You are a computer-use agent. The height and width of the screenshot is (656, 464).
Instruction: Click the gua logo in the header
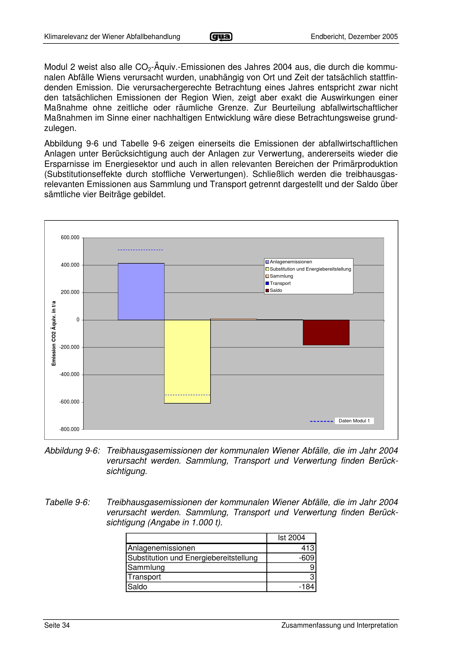[221, 36]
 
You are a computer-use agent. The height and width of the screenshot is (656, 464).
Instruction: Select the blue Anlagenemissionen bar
[141, 291]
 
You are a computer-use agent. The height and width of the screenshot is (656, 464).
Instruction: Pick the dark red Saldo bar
[326, 332]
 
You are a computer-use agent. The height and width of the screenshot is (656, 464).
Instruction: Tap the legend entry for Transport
[280, 283]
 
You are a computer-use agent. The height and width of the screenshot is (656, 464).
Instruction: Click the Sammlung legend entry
[281, 276]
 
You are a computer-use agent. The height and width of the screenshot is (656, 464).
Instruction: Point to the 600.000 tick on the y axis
[70, 238]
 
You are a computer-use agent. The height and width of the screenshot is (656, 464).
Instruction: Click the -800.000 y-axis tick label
[69, 429]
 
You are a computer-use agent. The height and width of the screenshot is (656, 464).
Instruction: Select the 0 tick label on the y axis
[78, 320]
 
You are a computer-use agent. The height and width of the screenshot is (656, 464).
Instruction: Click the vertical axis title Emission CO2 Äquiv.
[54, 333]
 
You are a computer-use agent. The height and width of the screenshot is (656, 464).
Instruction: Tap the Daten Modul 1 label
[354, 421]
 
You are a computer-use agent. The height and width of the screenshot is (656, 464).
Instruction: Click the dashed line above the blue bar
[140, 250]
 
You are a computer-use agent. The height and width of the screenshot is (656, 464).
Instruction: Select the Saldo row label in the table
[137, 586]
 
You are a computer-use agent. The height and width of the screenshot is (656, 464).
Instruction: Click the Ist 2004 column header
[291, 538]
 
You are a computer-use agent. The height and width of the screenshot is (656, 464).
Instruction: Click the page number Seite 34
[57, 625]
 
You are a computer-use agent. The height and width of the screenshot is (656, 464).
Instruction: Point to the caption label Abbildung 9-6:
[72, 451]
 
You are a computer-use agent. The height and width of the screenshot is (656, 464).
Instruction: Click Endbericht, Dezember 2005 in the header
[354, 36]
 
